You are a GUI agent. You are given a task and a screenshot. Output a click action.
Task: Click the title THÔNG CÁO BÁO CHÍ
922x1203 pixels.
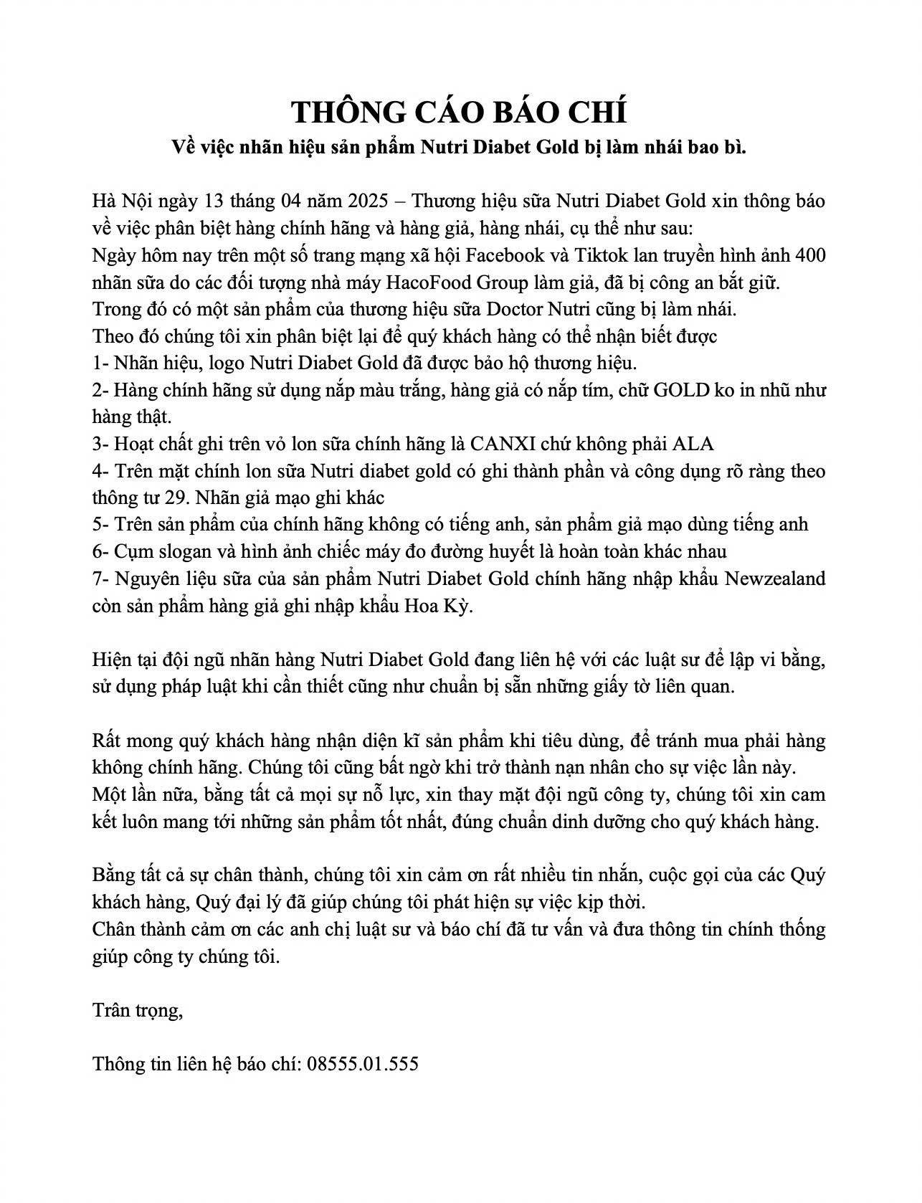tap(460, 112)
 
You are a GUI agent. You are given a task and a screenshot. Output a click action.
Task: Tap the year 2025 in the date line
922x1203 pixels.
tap(369, 200)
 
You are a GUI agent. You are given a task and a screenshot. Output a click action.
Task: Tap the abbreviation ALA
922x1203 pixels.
tap(693, 443)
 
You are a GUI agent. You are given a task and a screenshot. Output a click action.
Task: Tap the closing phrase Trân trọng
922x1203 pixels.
tap(138, 1010)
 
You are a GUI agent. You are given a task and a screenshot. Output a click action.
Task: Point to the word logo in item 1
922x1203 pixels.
tap(227, 363)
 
